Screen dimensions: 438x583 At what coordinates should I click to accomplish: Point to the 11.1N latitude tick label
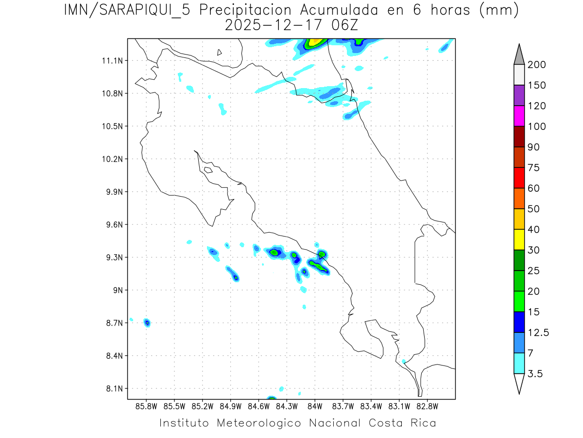[111, 61]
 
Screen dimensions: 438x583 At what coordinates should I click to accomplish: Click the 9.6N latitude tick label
[111, 225]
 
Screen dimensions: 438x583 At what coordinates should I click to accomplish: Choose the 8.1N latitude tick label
[111, 389]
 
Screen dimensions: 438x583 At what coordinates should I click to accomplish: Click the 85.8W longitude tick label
[146, 406]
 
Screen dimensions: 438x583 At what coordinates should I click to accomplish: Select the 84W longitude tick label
[315, 406]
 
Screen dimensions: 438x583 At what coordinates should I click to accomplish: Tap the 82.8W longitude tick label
[427, 406]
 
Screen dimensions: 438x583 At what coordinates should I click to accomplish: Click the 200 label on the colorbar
[536, 65]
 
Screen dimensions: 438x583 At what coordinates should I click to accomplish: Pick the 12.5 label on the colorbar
[538, 332]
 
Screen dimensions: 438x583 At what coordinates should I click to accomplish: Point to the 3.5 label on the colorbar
[536, 374]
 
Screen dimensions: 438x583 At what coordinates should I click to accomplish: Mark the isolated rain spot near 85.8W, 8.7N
[147, 323]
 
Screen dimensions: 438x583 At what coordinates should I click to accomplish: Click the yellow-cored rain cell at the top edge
[315, 43]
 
